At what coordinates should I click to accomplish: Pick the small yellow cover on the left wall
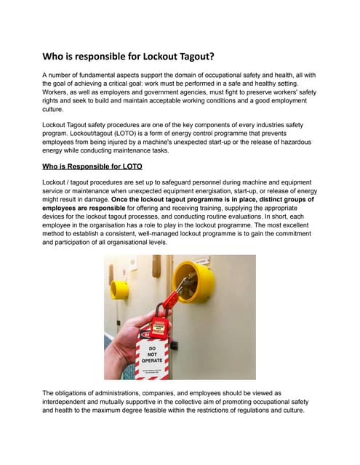120,289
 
